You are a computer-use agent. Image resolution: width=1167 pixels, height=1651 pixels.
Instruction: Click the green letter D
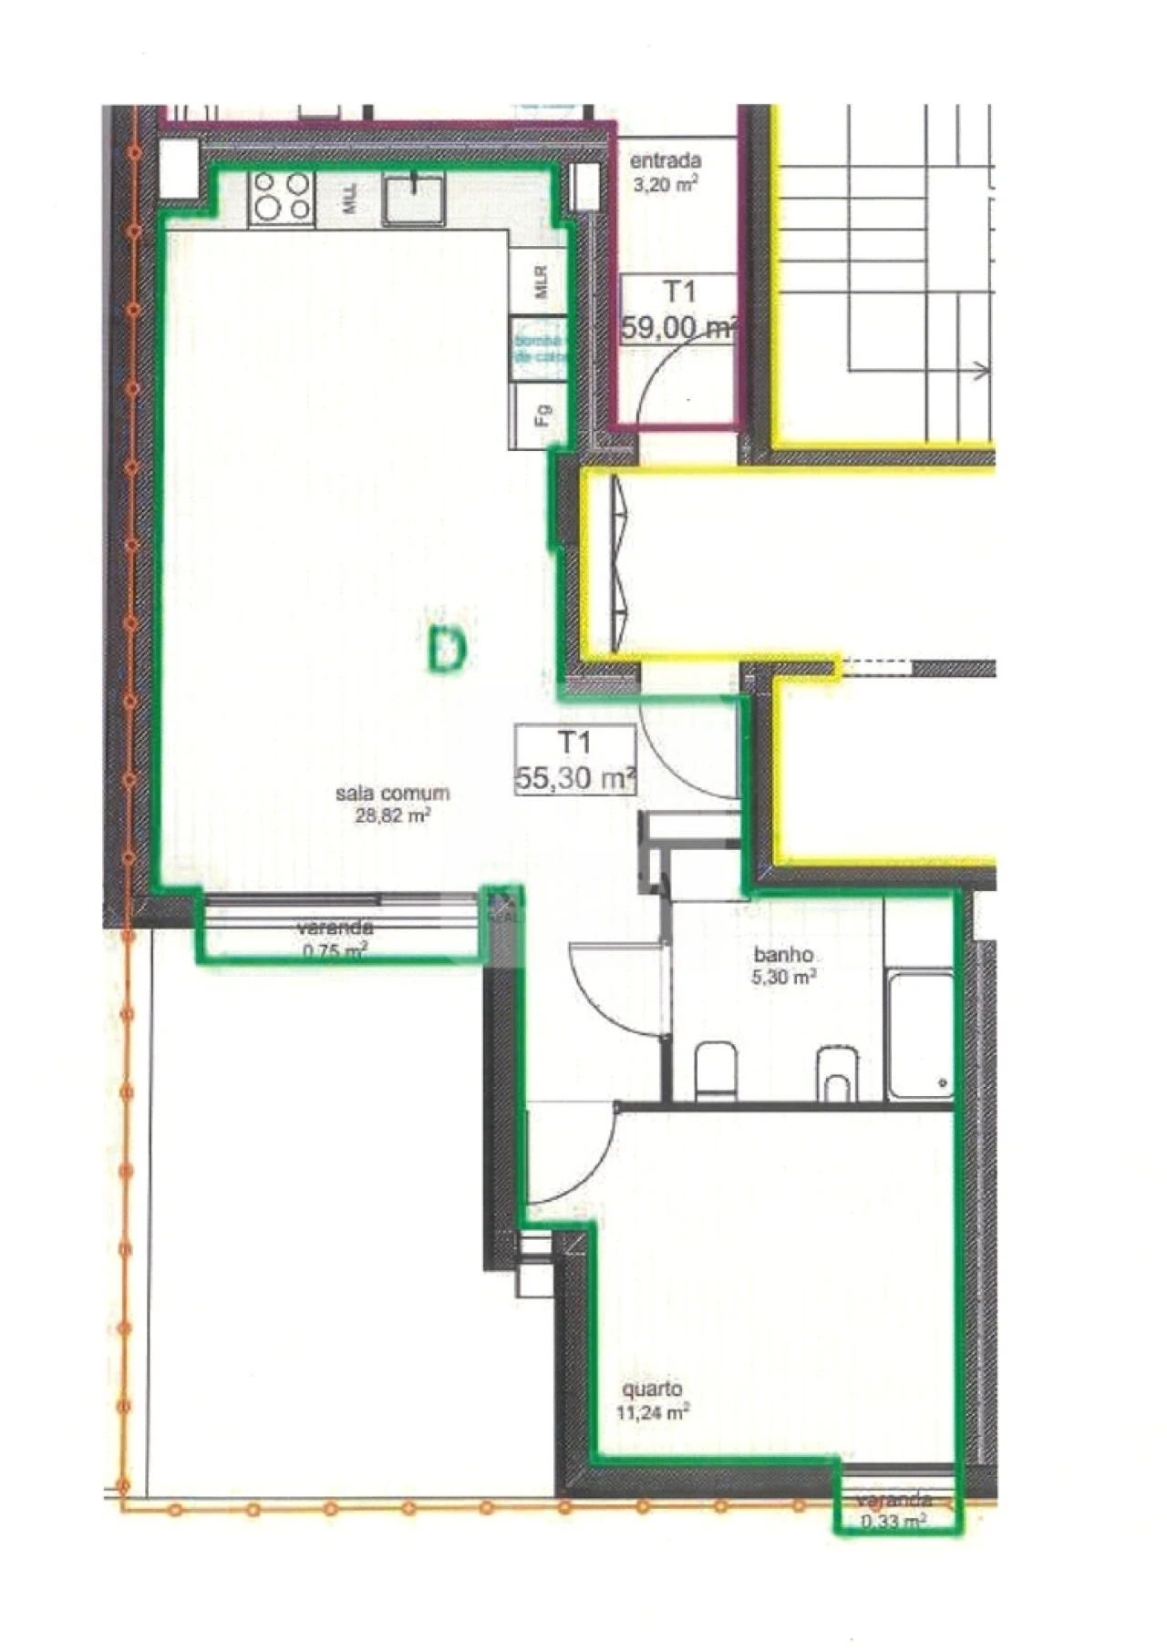[x=447, y=649]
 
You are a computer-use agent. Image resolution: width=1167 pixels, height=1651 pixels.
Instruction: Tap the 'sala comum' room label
[x=392, y=793]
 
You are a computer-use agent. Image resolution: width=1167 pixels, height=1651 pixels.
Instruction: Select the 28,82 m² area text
[x=392, y=815]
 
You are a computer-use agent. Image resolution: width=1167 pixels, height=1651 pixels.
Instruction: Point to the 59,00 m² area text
[x=678, y=326]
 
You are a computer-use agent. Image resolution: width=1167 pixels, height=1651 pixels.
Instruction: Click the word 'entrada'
[x=666, y=161]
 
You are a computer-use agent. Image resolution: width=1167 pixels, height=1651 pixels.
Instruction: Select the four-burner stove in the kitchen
[x=282, y=196]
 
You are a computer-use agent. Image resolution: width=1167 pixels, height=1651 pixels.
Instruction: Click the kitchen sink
[x=414, y=200]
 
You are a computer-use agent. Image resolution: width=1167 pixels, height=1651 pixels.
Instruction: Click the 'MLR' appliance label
[x=542, y=282]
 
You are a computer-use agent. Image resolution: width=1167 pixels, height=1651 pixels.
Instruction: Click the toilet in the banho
[x=716, y=1072]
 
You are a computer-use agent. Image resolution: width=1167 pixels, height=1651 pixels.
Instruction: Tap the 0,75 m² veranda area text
[x=335, y=952]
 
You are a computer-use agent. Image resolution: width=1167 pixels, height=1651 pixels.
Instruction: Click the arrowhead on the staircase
[x=983, y=370]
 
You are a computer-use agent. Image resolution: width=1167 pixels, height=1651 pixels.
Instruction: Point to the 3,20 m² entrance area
[x=666, y=183]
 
